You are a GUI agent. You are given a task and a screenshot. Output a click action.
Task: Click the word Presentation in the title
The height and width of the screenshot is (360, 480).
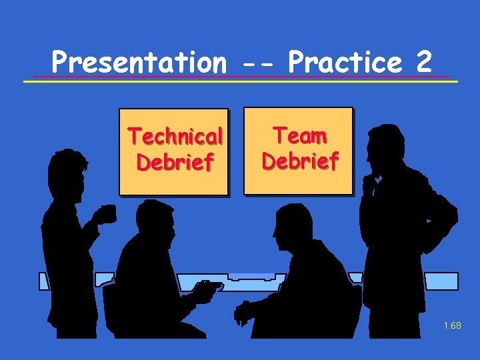pyautogui.click(x=139, y=63)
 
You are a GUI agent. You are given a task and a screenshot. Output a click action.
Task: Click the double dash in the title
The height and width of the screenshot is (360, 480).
pyautogui.click(x=257, y=64)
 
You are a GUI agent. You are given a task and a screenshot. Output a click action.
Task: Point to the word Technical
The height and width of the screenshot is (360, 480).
pyautogui.click(x=175, y=137)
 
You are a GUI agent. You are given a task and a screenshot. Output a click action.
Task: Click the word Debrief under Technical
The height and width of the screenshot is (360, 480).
pyautogui.click(x=175, y=162)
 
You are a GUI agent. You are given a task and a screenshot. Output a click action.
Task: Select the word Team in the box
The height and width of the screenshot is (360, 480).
pyautogui.click(x=300, y=136)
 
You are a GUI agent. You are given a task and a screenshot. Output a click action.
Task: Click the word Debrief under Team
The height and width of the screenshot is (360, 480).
pyautogui.click(x=300, y=161)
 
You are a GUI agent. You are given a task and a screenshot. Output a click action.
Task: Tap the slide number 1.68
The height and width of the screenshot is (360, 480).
pyautogui.click(x=451, y=326)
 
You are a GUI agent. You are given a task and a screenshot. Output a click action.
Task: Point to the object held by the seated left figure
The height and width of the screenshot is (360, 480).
pyautogui.click(x=207, y=287)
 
